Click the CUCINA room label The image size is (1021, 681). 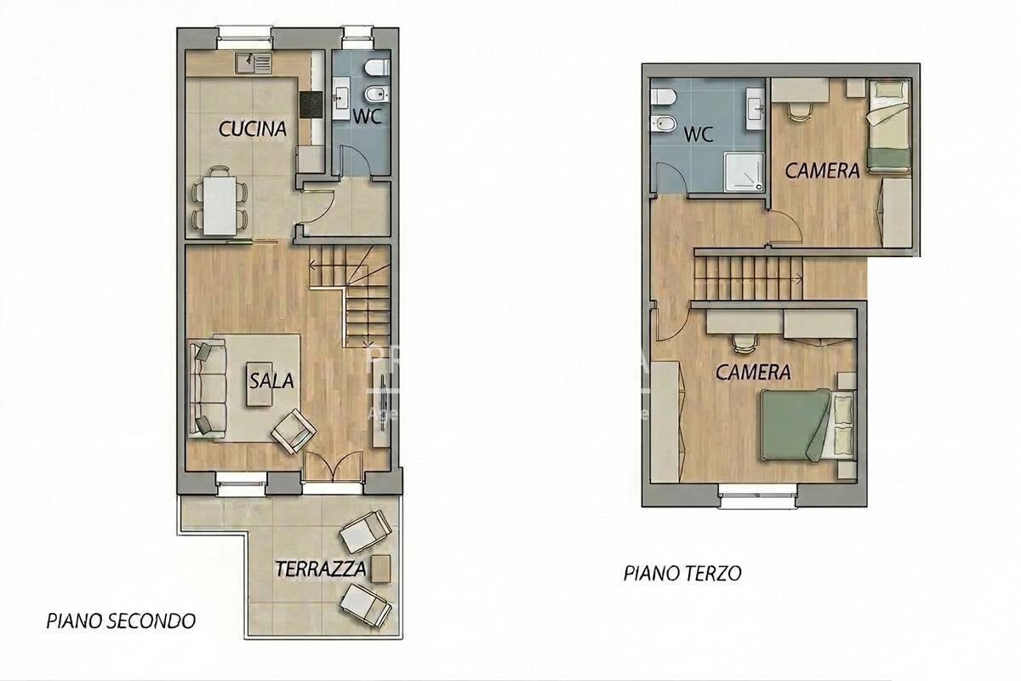click(x=253, y=129)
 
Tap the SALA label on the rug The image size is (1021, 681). click(x=271, y=381)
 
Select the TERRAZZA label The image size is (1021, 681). click(x=321, y=569)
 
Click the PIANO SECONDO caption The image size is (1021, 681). click(x=121, y=621)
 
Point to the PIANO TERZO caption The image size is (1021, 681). click(x=682, y=573)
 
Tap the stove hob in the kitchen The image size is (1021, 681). click(x=310, y=106)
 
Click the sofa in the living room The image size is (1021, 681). click(x=205, y=387)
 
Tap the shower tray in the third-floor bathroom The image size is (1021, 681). click(x=744, y=169)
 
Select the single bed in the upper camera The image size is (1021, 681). click(x=888, y=127)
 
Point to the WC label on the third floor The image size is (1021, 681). click(x=699, y=134)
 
